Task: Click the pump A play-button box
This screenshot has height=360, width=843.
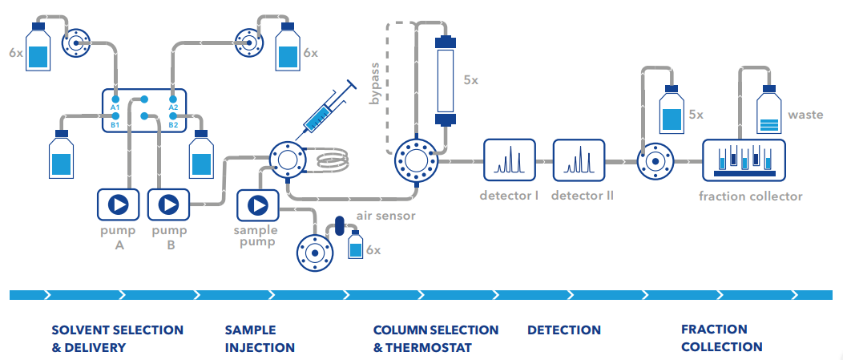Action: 119,204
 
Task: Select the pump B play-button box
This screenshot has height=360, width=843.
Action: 168,204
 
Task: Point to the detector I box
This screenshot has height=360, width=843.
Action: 509,160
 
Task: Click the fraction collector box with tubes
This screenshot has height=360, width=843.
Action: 744,160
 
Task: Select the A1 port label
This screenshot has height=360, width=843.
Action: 115,107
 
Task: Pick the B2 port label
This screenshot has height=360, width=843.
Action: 173,125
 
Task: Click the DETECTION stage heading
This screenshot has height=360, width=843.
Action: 564,330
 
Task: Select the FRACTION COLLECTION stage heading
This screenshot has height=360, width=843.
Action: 721,338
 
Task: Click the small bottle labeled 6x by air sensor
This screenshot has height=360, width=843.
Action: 355,245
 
